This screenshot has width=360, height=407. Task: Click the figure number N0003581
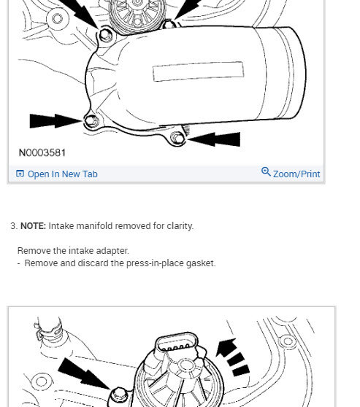pos(42,152)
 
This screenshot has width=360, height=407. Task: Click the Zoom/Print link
pos(296,174)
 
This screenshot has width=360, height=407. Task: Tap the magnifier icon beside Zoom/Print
pos(266,172)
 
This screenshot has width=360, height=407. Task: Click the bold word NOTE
pos(33,226)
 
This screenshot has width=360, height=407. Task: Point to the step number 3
pos(13,226)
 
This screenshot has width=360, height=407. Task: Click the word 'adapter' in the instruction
pos(112,251)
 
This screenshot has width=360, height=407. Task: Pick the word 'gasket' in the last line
pos(200,263)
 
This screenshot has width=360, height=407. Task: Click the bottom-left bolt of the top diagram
pos(91,121)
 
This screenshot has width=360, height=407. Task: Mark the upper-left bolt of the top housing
pos(106,34)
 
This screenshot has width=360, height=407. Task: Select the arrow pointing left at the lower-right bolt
pos(215,138)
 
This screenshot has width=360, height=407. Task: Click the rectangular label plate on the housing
pos(198,71)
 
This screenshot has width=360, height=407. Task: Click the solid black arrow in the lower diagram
pos(82,373)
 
